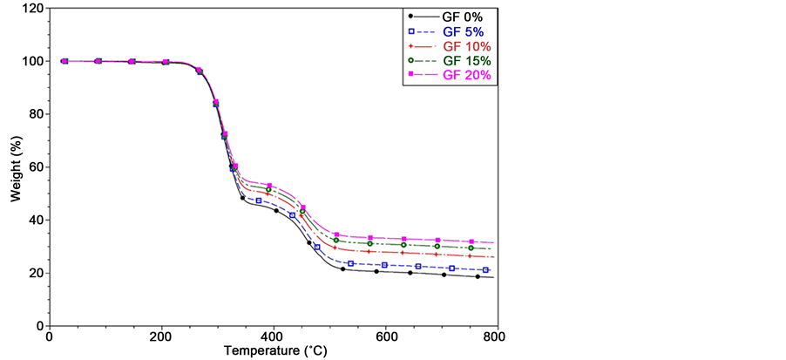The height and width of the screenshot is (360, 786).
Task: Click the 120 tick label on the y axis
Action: (x=33, y=9)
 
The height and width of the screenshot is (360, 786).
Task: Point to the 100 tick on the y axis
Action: (x=33, y=61)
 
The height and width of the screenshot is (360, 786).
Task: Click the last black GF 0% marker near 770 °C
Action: (x=478, y=276)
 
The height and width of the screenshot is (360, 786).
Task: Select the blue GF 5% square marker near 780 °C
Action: (x=485, y=270)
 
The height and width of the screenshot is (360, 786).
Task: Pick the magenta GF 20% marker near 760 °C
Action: (x=471, y=241)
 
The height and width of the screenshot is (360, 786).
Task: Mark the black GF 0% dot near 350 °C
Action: (x=243, y=198)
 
